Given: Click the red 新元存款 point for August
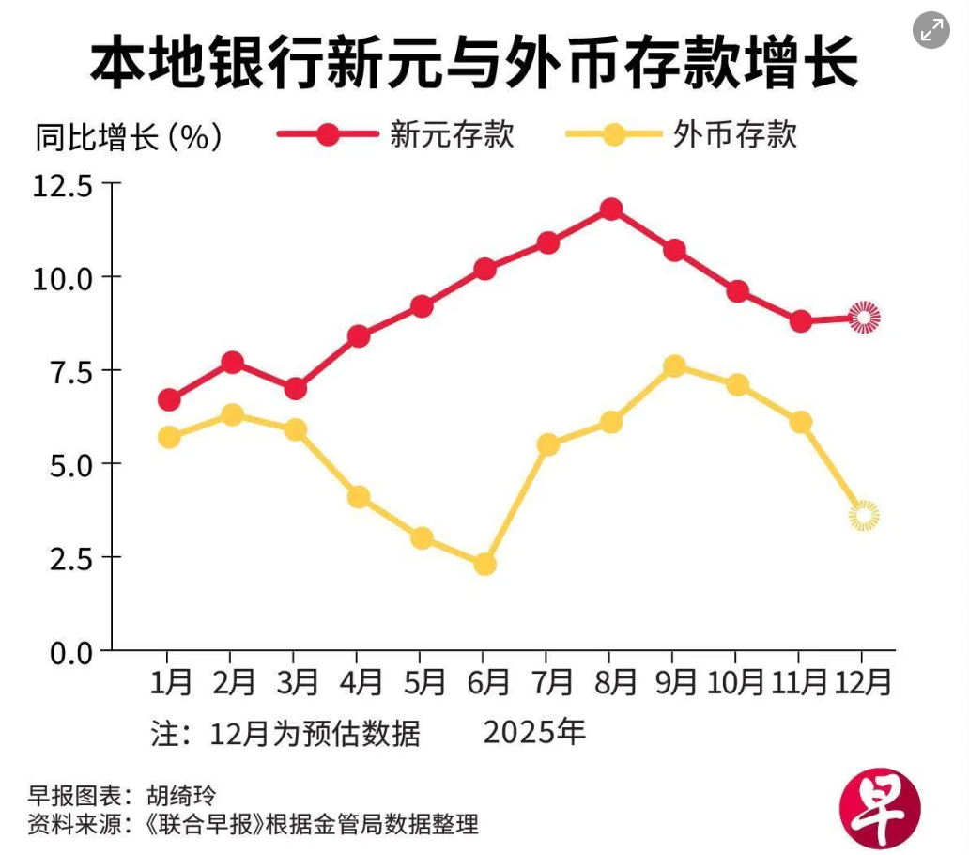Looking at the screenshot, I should coord(610,209).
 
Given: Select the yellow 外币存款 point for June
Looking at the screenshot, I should coord(484,565).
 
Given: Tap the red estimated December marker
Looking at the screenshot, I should coord(864,318).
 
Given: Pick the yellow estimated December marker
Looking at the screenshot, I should coord(864,515).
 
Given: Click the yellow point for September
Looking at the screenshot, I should coord(673,365).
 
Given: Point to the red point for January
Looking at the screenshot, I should coord(169,400).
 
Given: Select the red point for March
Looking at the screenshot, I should coord(295,388).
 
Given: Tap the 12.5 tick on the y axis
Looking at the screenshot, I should coord(64,185).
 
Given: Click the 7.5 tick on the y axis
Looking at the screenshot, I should coord(64,371).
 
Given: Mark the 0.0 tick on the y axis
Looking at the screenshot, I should coord(64,651).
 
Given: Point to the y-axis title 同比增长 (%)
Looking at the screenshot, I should coord(129,137).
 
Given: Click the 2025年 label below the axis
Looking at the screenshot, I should coord(534,732).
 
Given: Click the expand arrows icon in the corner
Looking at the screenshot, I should coord(931,31).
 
